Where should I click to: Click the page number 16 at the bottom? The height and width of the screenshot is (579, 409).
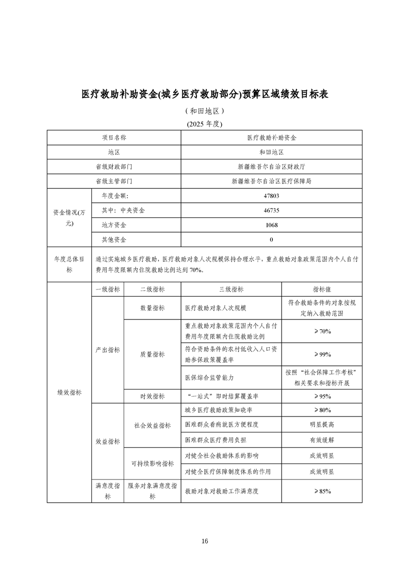[205, 541]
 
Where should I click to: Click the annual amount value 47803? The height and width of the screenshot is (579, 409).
[271, 196]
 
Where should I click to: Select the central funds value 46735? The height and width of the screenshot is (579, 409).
[271, 211]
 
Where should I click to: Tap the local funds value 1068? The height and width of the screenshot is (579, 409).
[271, 225]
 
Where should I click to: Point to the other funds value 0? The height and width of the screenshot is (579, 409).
[271, 239]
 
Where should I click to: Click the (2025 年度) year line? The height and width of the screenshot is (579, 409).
[204, 124]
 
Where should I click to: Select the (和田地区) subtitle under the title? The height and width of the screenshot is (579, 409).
[204, 111]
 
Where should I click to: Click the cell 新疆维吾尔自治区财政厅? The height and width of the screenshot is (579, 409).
[271, 167]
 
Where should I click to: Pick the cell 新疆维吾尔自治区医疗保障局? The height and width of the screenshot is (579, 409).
[271, 181]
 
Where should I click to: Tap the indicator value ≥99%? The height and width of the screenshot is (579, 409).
[322, 355]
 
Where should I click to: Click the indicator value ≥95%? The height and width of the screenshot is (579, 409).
[322, 396]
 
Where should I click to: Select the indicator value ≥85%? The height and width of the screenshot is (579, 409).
[322, 491]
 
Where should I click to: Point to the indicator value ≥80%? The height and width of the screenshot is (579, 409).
[322, 410]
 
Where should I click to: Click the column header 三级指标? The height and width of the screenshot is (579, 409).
[232, 289]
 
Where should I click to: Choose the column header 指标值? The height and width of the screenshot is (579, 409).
[322, 289]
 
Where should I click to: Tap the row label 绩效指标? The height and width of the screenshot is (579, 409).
[69, 392]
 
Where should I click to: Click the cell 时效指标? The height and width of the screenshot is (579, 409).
[153, 396]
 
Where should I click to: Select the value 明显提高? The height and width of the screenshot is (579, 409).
[322, 424]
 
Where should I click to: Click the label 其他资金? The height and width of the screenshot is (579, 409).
[114, 239]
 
